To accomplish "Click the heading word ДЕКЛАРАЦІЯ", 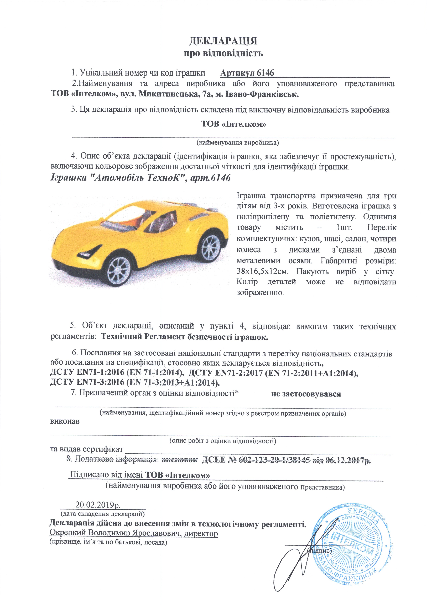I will [223, 41].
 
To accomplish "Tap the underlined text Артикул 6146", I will [247, 73].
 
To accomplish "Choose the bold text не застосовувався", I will [306, 394].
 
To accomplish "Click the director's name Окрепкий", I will [68, 533].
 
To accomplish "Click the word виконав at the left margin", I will [65, 421].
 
